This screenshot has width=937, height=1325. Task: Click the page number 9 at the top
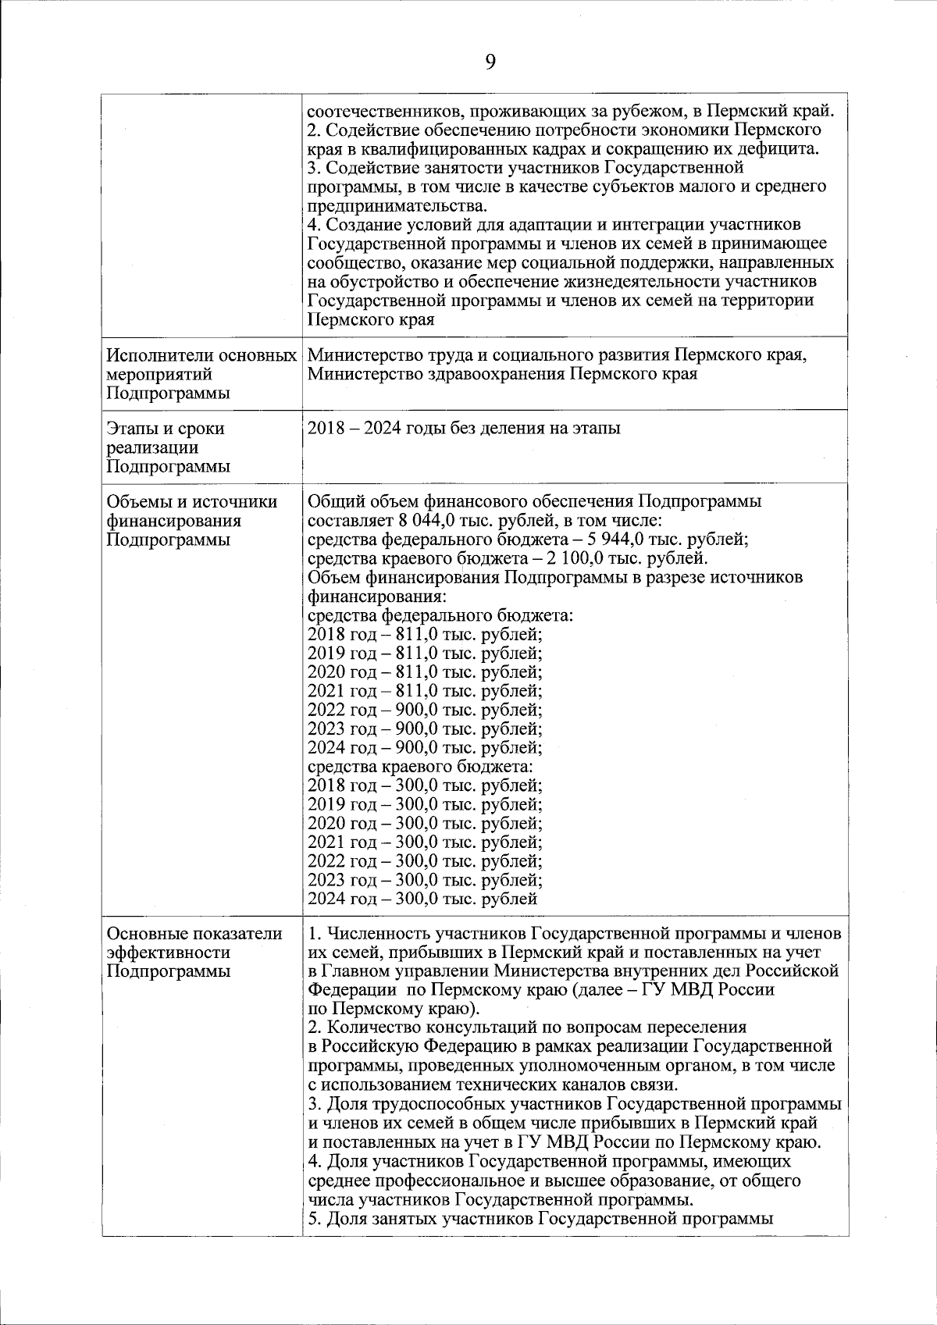(x=490, y=62)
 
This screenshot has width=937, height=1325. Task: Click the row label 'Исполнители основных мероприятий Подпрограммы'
(x=201, y=374)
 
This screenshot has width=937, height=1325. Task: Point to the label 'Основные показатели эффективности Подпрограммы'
(x=194, y=953)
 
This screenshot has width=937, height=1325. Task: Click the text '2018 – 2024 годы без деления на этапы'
(x=465, y=429)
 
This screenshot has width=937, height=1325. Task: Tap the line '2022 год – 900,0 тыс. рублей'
(x=425, y=711)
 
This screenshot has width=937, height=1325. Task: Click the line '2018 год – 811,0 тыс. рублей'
(x=425, y=635)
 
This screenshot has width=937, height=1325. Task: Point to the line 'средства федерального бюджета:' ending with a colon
(x=441, y=616)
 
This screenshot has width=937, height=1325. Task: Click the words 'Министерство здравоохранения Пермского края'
(x=502, y=374)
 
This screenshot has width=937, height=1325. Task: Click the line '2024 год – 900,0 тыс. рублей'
(x=425, y=748)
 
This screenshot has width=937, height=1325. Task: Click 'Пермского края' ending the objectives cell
(x=371, y=320)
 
